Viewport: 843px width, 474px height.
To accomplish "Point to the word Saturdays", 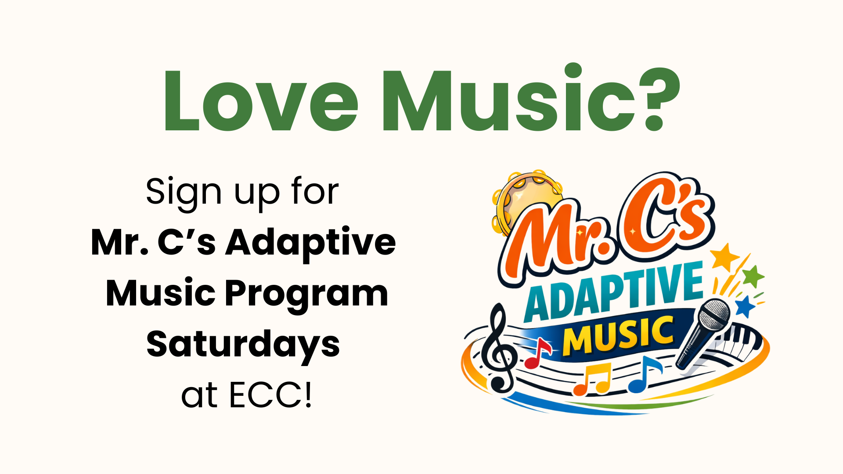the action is coord(243,345).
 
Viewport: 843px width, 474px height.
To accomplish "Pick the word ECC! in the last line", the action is coord(270,395).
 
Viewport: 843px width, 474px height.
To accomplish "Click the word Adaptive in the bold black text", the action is coord(310,243).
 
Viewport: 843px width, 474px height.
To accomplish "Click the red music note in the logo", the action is coord(537,353).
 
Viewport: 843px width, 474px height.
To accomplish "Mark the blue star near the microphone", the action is coord(745,306).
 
